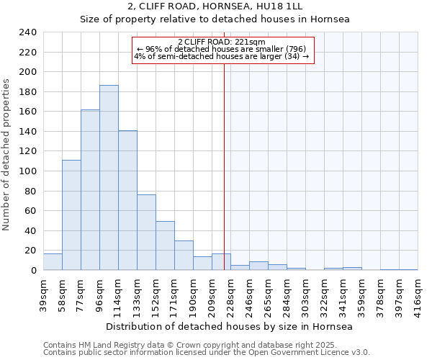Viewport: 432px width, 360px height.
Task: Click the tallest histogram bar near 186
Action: coord(109,178)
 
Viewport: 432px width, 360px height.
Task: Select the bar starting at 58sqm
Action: coord(71,215)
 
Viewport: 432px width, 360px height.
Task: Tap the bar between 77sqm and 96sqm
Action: coord(90,190)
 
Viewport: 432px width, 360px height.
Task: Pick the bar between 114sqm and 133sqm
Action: coord(127,200)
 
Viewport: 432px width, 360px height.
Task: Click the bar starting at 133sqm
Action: coord(146,232)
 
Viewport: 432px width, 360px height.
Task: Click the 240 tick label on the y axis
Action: coord(28,32)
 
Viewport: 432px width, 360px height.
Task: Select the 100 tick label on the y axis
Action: coord(28,171)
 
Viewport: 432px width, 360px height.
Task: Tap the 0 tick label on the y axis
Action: coord(34,270)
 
